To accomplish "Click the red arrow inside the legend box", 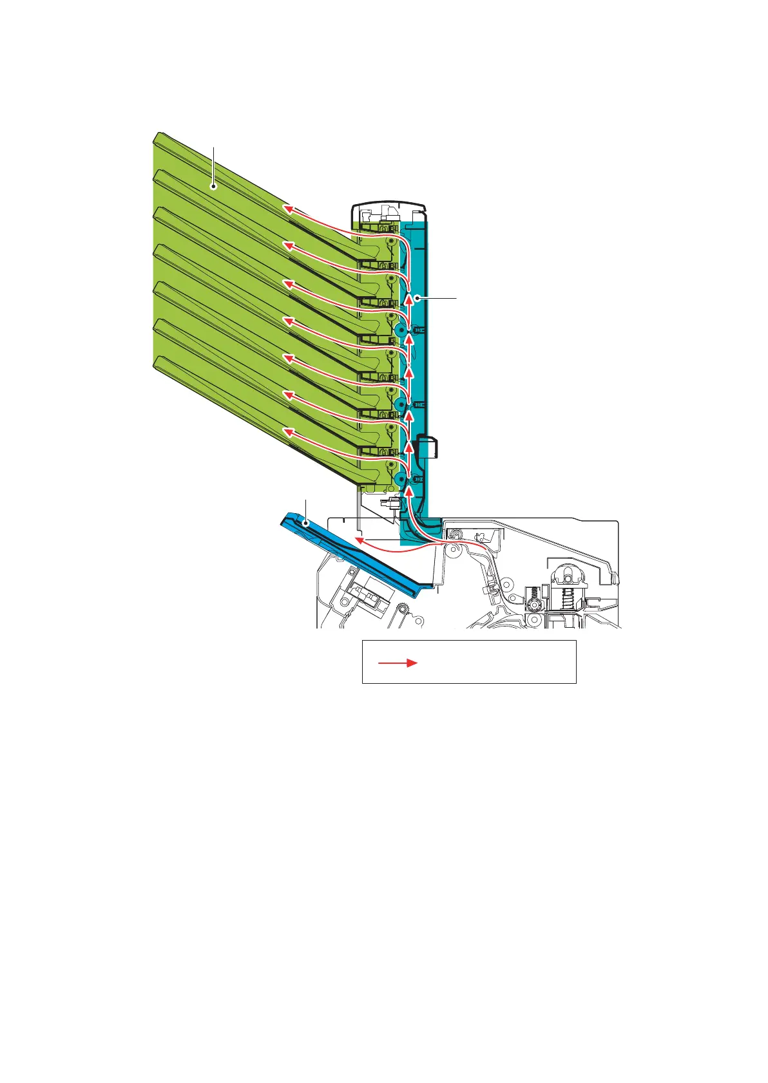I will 398,663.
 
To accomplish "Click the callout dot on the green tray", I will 214,187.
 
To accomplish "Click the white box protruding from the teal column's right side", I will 428,447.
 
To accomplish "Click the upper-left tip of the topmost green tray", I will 157,135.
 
